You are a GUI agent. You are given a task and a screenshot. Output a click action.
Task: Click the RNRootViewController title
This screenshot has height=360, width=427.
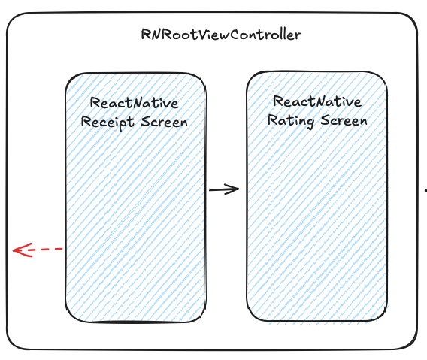pos(221,35)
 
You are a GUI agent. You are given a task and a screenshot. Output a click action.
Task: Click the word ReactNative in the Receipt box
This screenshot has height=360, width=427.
pos(134,103)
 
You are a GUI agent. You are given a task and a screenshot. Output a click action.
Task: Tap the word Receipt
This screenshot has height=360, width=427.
pos(108,122)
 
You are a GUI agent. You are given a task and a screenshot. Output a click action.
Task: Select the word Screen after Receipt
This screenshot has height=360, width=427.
pos(165,122)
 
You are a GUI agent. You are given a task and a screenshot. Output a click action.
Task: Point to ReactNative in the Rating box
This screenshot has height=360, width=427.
pos(317,101)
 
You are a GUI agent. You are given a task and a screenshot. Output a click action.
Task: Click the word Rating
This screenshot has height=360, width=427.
pos(290,121)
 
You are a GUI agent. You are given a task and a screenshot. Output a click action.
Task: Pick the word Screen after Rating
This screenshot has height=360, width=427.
pos(344,120)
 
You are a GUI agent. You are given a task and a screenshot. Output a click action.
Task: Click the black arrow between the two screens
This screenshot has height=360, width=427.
pos(224,189)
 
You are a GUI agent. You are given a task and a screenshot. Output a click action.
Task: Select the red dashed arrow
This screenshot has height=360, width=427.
pos(38,250)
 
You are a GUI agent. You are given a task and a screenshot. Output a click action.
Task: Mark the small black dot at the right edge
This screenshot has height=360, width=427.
pos(425,192)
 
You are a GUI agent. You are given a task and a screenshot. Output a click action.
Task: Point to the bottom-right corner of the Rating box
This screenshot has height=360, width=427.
pos(383,316)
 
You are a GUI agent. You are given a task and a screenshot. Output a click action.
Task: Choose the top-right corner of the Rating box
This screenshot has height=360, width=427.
pos(382,77)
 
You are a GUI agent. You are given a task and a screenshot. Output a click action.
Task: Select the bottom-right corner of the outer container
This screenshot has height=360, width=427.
pos(411,343)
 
